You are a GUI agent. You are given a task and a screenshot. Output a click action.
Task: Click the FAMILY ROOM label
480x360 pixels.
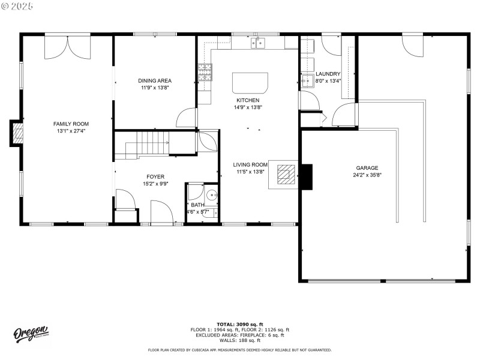tap(67, 124)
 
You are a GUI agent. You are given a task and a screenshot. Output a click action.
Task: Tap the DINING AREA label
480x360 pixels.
tap(155, 80)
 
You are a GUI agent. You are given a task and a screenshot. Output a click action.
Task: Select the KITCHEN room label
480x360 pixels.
tap(248, 100)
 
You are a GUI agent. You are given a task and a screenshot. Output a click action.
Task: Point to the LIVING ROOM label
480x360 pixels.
tap(250, 164)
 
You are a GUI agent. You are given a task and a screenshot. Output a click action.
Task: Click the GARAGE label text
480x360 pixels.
tap(367, 168)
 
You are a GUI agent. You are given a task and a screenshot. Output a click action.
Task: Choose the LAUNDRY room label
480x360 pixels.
tap(328, 74)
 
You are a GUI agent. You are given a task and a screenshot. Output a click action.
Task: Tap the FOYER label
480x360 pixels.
tap(155, 176)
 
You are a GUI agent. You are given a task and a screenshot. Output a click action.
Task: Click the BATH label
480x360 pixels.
tap(197, 205)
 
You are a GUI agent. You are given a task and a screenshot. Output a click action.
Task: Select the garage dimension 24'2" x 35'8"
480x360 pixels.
tap(367, 175)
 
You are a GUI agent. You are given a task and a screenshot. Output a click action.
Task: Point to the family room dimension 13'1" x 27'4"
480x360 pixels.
tap(67, 131)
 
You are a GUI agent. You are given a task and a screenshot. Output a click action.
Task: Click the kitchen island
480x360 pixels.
tap(250, 82)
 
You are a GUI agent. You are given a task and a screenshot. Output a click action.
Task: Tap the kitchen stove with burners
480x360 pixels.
tap(205, 73)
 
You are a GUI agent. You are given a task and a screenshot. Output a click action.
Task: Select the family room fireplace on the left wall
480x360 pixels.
tap(17, 133)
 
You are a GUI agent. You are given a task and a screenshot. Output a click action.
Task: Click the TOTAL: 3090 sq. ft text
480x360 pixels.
tap(239, 324)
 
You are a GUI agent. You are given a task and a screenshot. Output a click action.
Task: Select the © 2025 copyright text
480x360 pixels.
tap(17, 5)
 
